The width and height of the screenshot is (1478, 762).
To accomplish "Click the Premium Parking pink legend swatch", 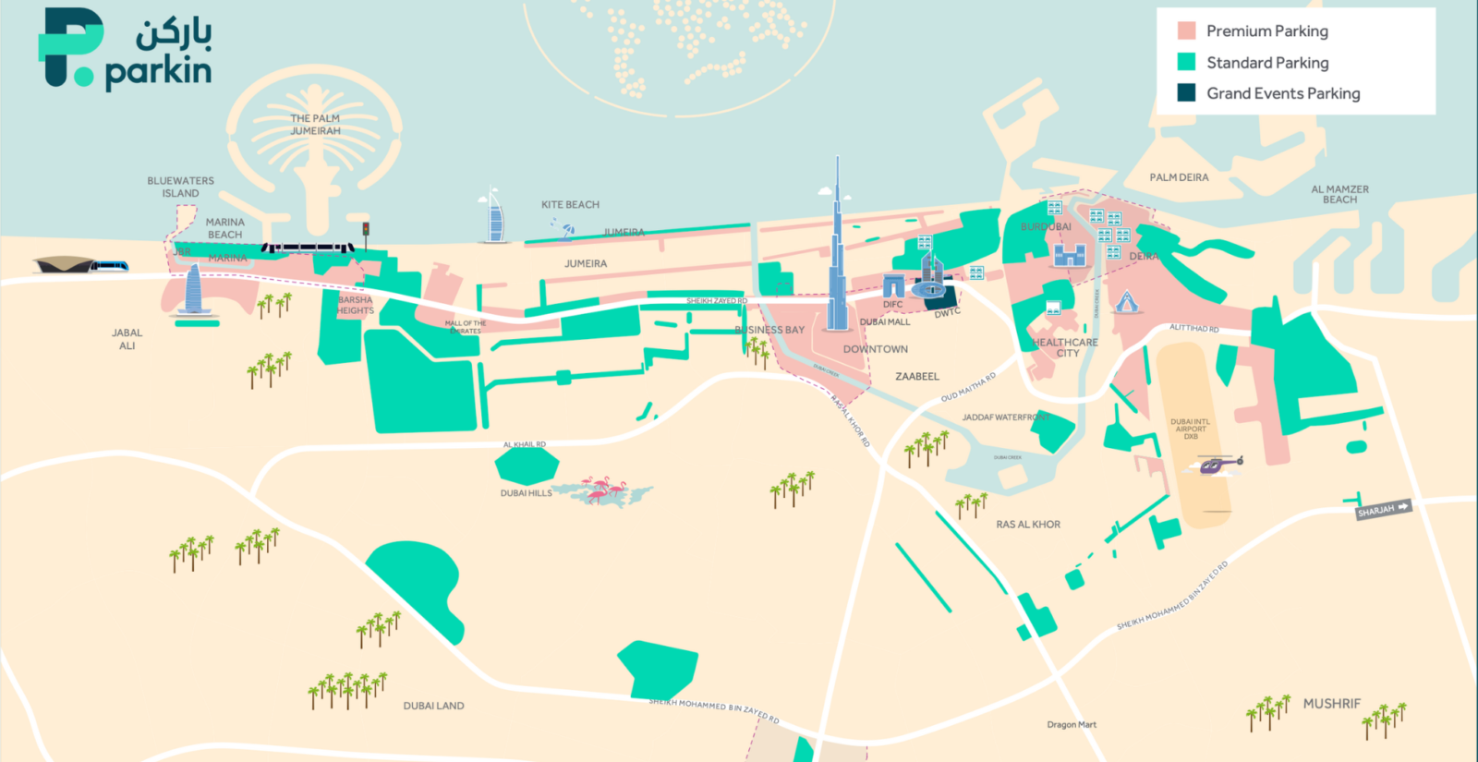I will point(1187,30).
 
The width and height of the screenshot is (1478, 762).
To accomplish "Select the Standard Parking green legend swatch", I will point(1187,62).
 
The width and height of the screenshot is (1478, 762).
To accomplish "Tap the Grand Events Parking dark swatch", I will point(1187,92).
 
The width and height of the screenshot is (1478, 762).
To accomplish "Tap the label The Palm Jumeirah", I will point(315,125).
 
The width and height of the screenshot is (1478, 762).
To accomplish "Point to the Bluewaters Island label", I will point(180,187).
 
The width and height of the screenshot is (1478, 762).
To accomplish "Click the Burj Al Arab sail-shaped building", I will point(494,217).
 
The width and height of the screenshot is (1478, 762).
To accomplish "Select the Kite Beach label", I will point(570,204).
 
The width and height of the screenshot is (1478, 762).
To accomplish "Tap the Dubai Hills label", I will point(527,493).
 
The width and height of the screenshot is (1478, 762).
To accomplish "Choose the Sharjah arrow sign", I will point(1383,509).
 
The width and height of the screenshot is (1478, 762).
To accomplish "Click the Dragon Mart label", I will point(1072,724).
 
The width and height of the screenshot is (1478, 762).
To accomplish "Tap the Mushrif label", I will point(1331,704).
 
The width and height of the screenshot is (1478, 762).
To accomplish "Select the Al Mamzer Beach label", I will point(1339,194).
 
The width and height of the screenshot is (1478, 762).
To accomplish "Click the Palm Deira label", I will point(1179,177).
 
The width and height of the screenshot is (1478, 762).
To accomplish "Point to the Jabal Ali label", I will point(127,339).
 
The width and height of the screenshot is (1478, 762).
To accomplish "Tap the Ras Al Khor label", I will point(1028,524).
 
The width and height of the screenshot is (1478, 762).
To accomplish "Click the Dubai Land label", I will point(433,706).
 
